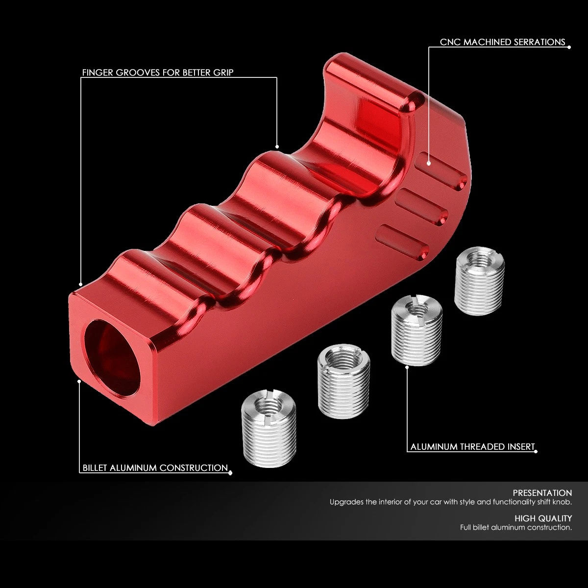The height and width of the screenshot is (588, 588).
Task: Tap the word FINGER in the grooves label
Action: [x=98, y=73]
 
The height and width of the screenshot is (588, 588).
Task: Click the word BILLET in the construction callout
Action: [x=95, y=468]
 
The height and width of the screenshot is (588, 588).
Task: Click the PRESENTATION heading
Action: [x=542, y=493]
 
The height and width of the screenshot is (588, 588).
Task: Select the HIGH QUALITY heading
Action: [x=543, y=518]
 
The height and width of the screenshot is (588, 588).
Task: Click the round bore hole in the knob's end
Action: [x=112, y=358]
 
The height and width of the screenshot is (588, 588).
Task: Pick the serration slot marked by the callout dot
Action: [x=442, y=171]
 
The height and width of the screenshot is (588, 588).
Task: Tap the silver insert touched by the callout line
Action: [x=416, y=330]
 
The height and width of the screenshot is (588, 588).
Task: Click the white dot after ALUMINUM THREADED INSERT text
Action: [x=536, y=452]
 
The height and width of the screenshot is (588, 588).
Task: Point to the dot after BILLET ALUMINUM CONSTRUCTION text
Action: [x=230, y=473]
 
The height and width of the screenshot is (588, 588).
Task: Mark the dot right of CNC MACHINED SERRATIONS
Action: [x=569, y=47]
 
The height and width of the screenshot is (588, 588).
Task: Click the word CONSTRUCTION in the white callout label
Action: [x=194, y=468]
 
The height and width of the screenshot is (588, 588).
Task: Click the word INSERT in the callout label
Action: [x=521, y=447]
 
